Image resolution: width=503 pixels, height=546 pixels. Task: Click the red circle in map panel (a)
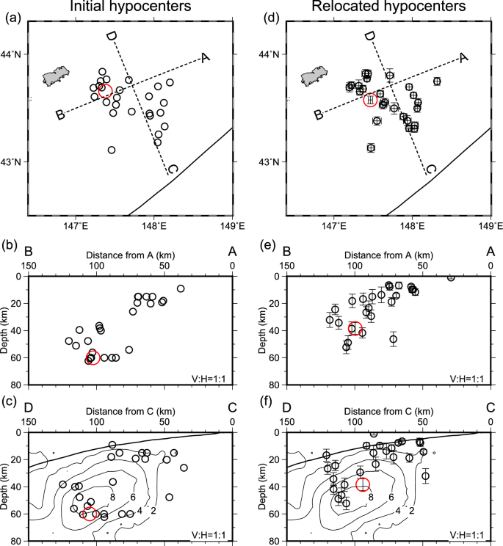104,90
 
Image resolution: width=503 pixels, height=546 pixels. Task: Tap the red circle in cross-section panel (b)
93,357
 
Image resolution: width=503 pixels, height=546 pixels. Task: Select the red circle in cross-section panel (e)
355,328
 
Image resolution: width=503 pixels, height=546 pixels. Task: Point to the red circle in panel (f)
363,484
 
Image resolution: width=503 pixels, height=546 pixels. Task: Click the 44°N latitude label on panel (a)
12,54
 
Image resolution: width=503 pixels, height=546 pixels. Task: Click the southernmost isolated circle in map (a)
112,150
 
